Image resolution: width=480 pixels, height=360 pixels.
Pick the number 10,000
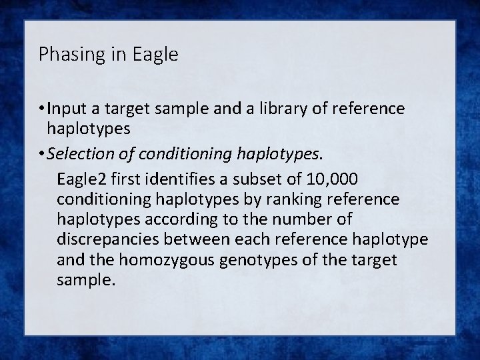point(329,179)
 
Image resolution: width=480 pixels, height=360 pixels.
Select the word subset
point(253,179)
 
